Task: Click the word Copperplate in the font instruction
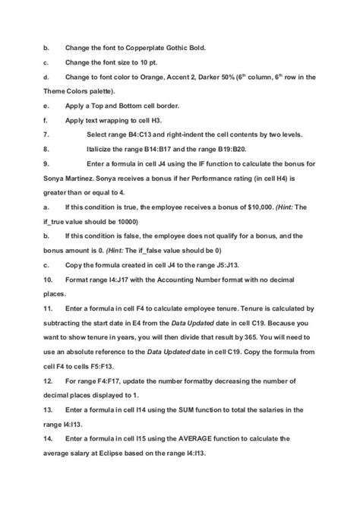point(155,48)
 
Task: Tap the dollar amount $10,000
point(260,207)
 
